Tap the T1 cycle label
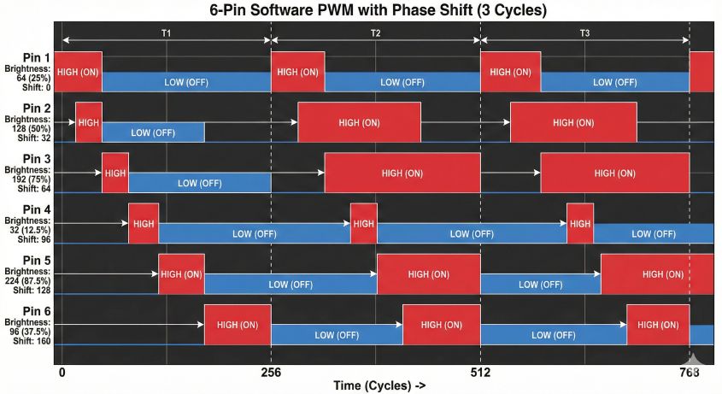coord(167,32)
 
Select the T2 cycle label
coord(375,32)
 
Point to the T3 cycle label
coord(584,32)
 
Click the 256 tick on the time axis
coord(271,373)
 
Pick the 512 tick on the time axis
coord(480,373)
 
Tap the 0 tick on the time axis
coord(62,373)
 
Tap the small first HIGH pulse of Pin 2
coord(89,123)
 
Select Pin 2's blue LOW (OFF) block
coord(153,132)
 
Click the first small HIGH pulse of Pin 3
coord(115,173)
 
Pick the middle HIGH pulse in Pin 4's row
coord(364,224)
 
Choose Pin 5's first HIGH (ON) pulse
coord(181,274)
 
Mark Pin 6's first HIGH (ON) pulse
coord(238,325)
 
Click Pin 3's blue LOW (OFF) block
coord(199,183)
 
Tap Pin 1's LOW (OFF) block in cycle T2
coord(402,82)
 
